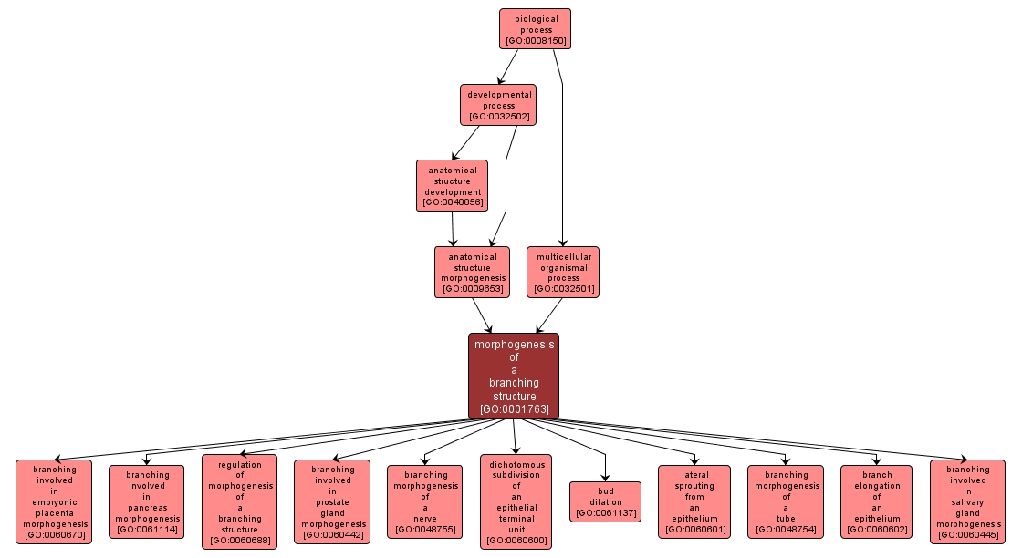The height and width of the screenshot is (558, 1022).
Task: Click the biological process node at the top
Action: (x=535, y=28)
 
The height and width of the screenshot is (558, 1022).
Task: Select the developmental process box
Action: (x=497, y=105)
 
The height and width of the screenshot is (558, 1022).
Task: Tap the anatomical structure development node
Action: (x=452, y=185)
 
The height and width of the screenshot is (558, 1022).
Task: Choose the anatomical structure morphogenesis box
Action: (x=472, y=272)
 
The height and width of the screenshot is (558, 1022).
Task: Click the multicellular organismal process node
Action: (x=563, y=272)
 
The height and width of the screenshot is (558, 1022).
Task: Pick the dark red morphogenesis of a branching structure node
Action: (x=514, y=376)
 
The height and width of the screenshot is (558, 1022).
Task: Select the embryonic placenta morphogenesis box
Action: (x=54, y=501)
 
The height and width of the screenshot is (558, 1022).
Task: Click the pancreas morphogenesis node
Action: (x=146, y=501)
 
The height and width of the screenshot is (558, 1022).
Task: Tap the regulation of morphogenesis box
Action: (x=239, y=501)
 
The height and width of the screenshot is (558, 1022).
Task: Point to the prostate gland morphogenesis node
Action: (x=332, y=501)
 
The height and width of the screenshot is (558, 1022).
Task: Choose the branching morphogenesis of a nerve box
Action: (x=424, y=501)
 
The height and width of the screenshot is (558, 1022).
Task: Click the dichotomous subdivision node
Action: (x=516, y=501)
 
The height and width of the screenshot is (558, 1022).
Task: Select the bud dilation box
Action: (x=605, y=501)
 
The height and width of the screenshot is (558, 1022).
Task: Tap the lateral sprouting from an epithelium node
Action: (x=694, y=501)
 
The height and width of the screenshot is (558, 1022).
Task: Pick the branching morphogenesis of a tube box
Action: (x=785, y=501)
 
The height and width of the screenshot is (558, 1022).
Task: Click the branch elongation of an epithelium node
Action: (x=876, y=501)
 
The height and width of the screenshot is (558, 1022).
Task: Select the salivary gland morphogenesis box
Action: (x=967, y=501)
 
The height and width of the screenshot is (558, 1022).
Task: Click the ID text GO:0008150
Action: (x=535, y=41)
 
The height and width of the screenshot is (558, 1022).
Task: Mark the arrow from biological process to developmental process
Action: (x=506, y=67)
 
